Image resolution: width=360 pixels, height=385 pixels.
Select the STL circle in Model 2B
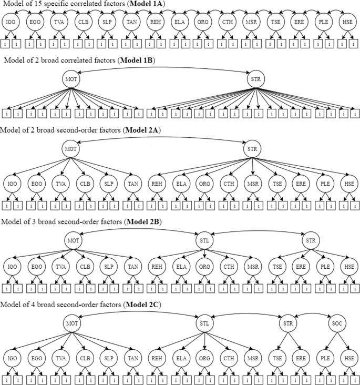[x=204, y=239]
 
